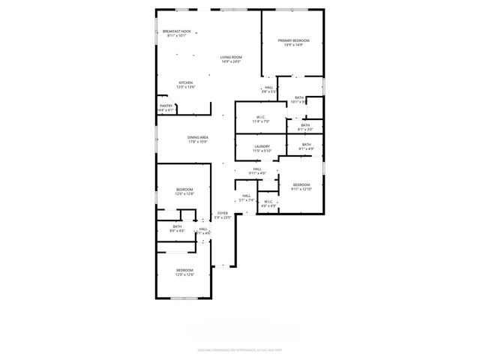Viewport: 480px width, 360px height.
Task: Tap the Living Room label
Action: (231, 59)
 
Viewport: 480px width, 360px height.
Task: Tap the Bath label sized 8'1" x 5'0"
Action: (305, 127)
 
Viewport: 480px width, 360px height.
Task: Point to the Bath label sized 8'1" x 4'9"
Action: (306, 146)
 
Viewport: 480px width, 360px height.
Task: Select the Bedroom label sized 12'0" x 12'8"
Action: (184, 191)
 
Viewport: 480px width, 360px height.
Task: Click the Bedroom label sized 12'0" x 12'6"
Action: (184, 272)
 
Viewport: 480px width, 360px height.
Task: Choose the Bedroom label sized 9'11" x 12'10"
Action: (301, 187)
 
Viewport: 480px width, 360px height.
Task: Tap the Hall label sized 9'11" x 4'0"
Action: (257, 171)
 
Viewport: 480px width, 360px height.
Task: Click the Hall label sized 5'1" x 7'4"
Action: (246, 198)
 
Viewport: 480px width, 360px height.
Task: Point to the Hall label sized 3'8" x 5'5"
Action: (268, 89)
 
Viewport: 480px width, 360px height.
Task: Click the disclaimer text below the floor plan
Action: (240, 349)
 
